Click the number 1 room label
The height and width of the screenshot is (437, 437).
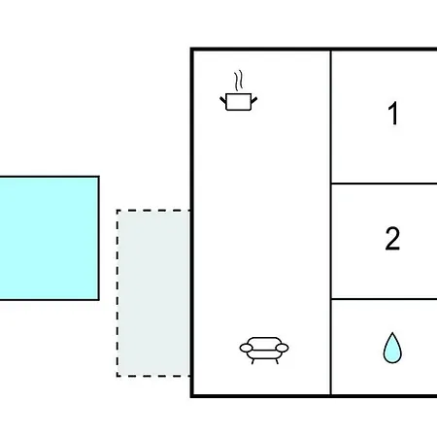click(x=393, y=113)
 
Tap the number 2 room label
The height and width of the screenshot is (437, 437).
click(x=392, y=238)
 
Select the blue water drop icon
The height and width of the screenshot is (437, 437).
click(x=392, y=348)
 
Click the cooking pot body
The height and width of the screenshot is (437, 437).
click(x=239, y=102)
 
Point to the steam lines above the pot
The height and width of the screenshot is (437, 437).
click(x=239, y=81)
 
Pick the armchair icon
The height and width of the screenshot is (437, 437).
click(x=264, y=351)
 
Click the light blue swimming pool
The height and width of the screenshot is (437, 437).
click(x=50, y=238)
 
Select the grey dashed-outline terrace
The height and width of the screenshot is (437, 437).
click(x=153, y=293)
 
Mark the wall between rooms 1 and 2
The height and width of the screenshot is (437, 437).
click(x=384, y=184)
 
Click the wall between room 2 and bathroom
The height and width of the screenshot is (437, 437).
click(x=384, y=299)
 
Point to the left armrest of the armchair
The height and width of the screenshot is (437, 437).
click(x=246, y=348)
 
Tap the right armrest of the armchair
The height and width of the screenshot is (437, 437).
click(x=283, y=348)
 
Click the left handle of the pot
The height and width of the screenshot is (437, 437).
click(x=223, y=100)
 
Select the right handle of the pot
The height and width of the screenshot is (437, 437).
click(x=254, y=100)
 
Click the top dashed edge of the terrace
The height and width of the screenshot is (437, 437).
click(x=153, y=211)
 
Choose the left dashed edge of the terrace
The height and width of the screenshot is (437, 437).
click(x=118, y=293)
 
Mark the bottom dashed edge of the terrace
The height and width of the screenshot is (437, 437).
click(x=153, y=376)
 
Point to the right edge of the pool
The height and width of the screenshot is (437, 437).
click(x=98, y=238)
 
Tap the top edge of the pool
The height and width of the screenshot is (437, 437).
click(x=50, y=177)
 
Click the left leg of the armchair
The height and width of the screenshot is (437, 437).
click(x=252, y=361)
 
